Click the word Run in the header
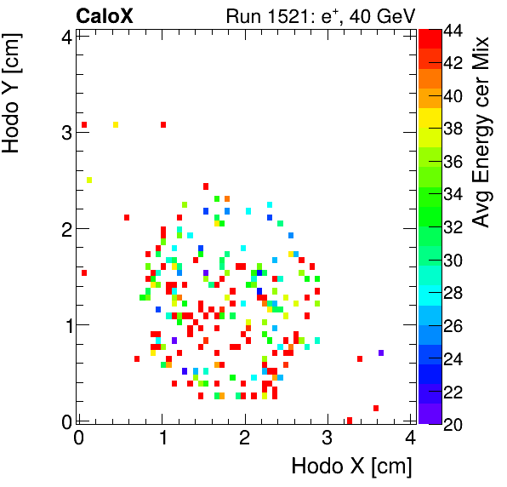(x=242, y=15)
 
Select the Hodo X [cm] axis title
(x=351, y=467)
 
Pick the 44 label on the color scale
(x=453, y=31)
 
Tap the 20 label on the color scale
(x=453, y=423)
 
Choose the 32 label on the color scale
(x=453, y=227)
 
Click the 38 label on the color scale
(x=453, y=129)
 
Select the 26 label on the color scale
(x=453, y=325)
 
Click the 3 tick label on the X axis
(x=328, y=438)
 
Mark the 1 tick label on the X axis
(x=162, y=438)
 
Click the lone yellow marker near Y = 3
(x=116, y=125)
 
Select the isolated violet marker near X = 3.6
(x=381, y=352)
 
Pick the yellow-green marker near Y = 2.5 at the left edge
(x=89, y=180)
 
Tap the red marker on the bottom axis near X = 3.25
(x=350, y=420)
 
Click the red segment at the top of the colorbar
(x=430, y=37)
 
